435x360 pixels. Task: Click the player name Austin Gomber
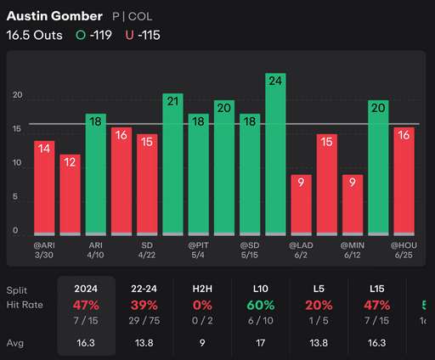pyautogui.click(x=54, y=16)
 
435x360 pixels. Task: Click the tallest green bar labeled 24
pyautogui.click(x=274, y=153)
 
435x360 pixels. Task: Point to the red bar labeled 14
pyautogui.click(x=44, y=187)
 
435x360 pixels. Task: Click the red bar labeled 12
pyautogui.click(x=70, y=194)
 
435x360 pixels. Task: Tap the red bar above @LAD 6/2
pyautogui.click(x=300, y=204)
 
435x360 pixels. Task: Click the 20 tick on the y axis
pyautogui.click(x=16, y=96)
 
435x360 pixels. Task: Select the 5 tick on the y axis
pyautogui.click(x=16, y=198)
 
